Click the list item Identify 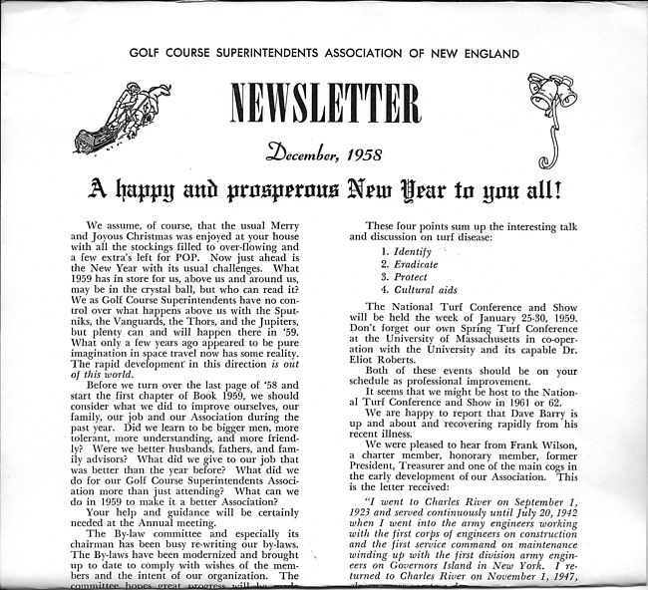400,253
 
